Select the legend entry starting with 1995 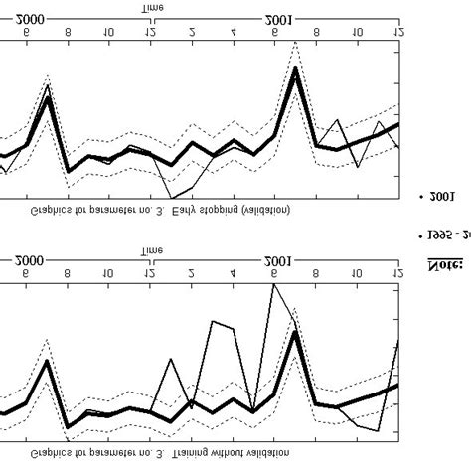pyautogui.click(x=447, y=235)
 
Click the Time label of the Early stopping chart pyautogui.click(x=151, y=7)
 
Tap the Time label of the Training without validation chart pyautogui.click(x=151, y=250)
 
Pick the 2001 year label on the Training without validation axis pyautogui.click(x=277, y=261)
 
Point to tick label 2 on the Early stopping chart pyautogui.click(x=192, y=32)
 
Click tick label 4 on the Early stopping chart pyautogui.click(x=233, y=32)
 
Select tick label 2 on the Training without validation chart pyautogui.click(x=192, y=271)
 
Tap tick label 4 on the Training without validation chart pyautogui.click(x=233, y=271)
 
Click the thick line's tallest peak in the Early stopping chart pyautogui.click(x=295, y=69)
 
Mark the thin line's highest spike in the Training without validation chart pyautogui.click(x=274, y=284)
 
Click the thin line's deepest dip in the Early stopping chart pyautogui.click(x=171, y=198)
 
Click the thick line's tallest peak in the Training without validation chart pyautogui.click(x=295, y=332)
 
